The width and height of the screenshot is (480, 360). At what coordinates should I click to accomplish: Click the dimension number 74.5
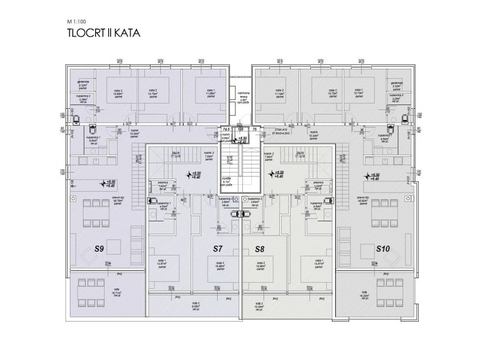(225, 128)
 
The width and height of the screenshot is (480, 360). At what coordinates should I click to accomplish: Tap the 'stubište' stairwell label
(226, 180)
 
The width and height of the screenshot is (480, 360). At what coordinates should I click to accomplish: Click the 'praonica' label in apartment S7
(163, 183)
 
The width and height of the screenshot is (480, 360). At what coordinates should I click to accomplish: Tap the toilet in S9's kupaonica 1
(92, 129)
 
